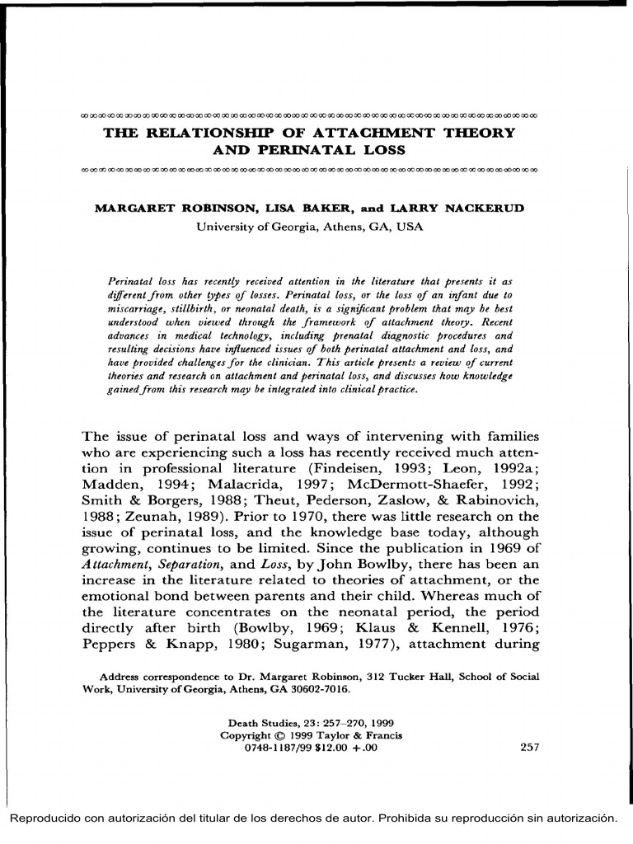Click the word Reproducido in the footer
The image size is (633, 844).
[45, 818]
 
